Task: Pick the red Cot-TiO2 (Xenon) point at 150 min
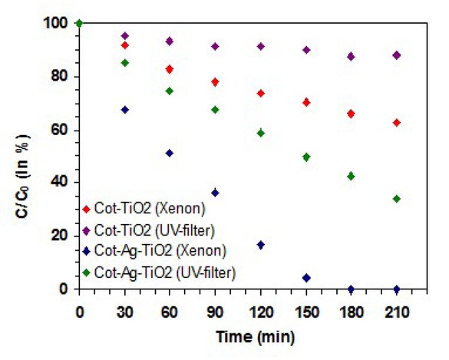click(306, 102)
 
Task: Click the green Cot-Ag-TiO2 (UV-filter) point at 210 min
click(396, 199)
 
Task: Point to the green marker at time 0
click(79, 23)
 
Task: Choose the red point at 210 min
click(396, 123)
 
